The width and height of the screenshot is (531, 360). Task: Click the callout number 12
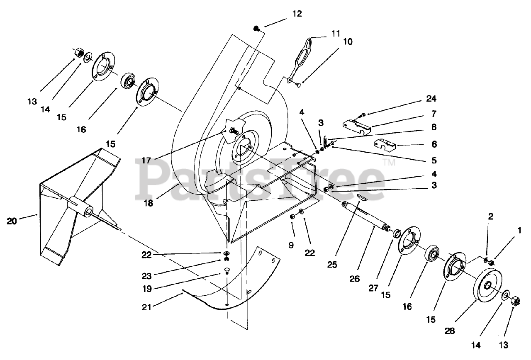point(297,14)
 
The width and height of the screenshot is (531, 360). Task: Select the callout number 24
point(431,99)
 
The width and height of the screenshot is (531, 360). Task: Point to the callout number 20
point(12,221)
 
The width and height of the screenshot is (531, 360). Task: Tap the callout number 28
point(450,331)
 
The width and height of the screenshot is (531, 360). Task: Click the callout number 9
point(291,245)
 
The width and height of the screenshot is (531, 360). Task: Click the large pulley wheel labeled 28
point(488,288)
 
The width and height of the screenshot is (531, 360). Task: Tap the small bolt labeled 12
point(257,29)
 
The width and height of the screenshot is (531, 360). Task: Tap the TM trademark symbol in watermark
point(388,163)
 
